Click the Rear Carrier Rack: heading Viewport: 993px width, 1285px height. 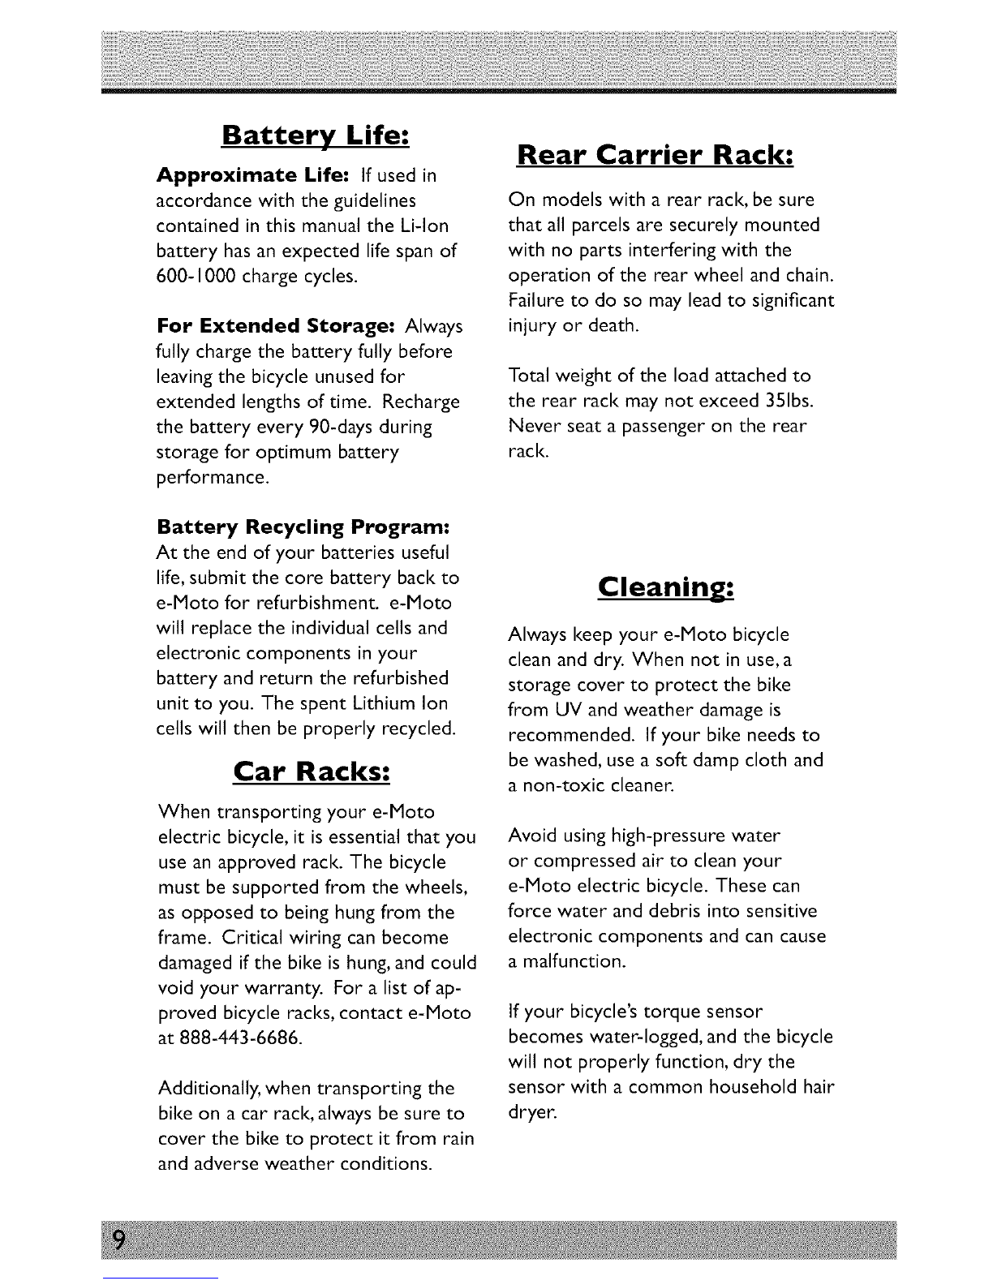[654, 154]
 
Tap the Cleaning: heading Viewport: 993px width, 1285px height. [665, 587]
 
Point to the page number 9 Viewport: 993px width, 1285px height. [119, 1241]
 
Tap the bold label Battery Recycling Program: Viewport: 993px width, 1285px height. [303, 527]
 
